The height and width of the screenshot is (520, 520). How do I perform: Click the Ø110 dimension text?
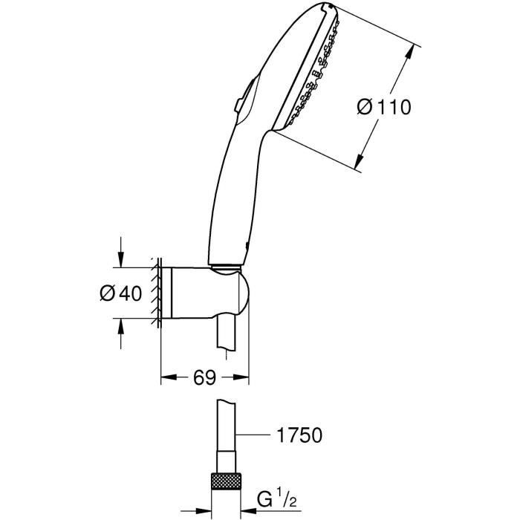383,107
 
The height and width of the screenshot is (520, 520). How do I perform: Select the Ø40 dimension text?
120,293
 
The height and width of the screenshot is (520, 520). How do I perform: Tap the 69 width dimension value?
205,378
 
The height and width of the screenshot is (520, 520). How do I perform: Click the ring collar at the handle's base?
226,266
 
